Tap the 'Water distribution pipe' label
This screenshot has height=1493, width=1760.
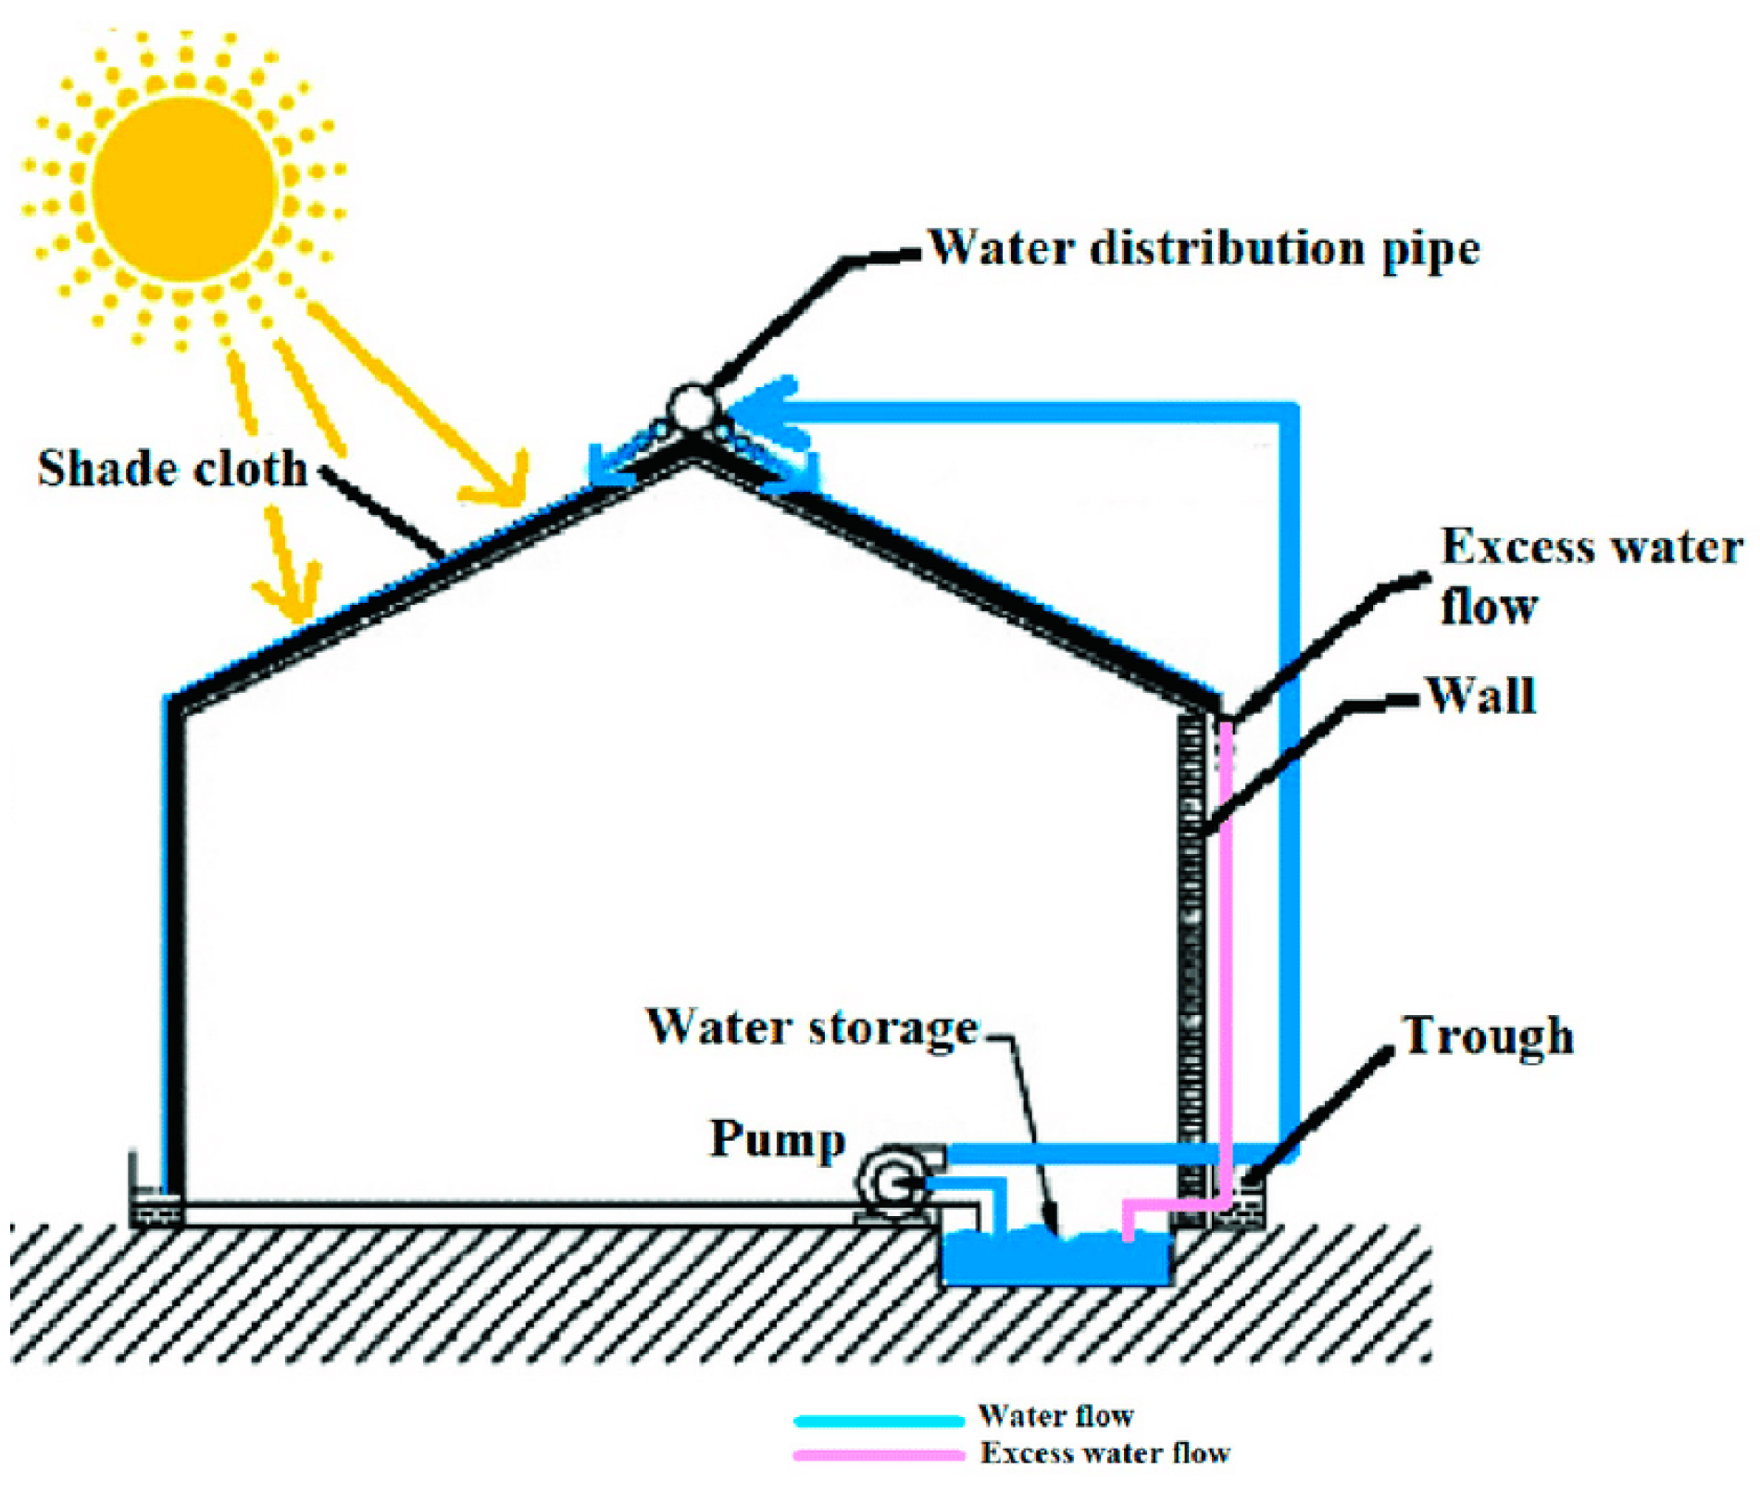1203,249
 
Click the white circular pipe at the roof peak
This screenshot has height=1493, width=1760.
692,407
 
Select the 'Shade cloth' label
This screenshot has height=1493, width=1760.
172,469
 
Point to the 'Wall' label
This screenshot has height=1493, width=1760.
1480,696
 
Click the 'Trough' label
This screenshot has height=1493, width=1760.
1488,1035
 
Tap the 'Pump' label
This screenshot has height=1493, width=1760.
778,1138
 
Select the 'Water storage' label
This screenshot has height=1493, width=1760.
812,1027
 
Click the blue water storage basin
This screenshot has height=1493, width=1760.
1055,1260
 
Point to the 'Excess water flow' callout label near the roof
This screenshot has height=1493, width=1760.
1590,575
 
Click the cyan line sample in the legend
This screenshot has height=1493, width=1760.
878,1420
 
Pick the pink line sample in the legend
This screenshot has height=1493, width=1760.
878,1455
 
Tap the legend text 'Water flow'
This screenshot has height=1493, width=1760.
1055,1416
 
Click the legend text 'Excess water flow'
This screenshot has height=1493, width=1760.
1105,1453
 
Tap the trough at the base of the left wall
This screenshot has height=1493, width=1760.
155,1207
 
